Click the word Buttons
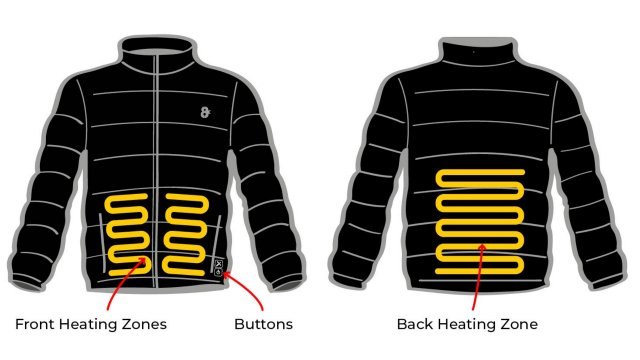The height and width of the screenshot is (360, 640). tap(262, 324)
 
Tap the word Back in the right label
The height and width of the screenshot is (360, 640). tap(415, 324)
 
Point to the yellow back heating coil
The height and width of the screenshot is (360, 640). tap(480, 222)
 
